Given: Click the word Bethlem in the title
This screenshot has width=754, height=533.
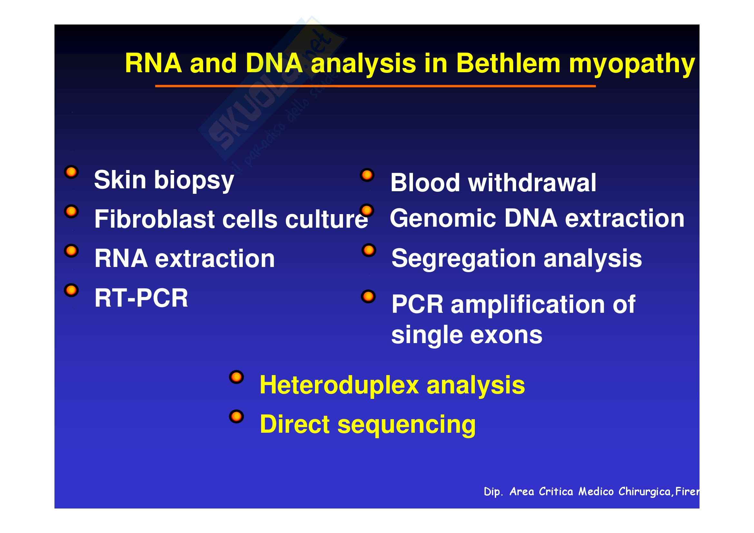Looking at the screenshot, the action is (508, 64).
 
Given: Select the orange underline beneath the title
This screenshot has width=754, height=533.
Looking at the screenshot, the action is (375, 86).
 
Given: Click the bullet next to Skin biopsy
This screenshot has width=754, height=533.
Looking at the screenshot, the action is (71, 172).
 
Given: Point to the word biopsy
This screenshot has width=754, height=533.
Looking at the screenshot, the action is (194, 181).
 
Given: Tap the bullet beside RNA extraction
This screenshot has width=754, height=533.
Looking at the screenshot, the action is (71, 251).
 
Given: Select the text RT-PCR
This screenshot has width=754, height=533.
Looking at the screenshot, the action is (141, 298).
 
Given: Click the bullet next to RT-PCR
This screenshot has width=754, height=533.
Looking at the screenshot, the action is (71, 290).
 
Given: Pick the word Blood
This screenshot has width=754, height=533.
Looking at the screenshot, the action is (425, 183).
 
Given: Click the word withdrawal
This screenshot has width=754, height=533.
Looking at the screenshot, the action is (532, 183).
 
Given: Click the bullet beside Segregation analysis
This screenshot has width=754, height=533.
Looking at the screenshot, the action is (369, 251).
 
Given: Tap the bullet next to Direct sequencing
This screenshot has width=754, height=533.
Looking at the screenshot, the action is (236, 417).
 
